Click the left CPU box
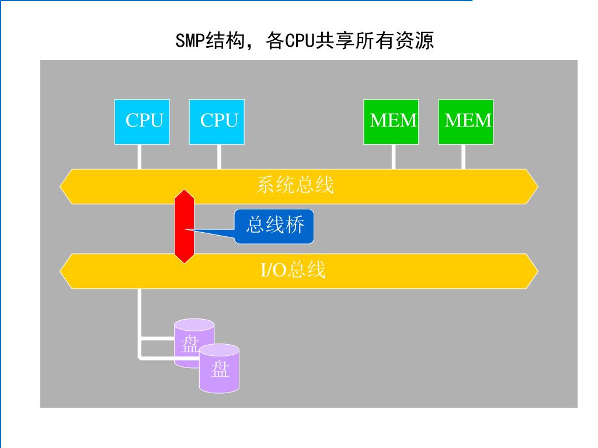point(142,121)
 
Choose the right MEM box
point(465,121)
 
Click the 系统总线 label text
point(295,185)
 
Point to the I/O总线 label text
point(293,270)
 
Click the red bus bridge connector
point(184,226)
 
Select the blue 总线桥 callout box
point(274,226)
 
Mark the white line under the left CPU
point(140,156)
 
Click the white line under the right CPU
point(219,156)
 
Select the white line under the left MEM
point(393,156)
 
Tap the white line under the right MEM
point(463,156)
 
